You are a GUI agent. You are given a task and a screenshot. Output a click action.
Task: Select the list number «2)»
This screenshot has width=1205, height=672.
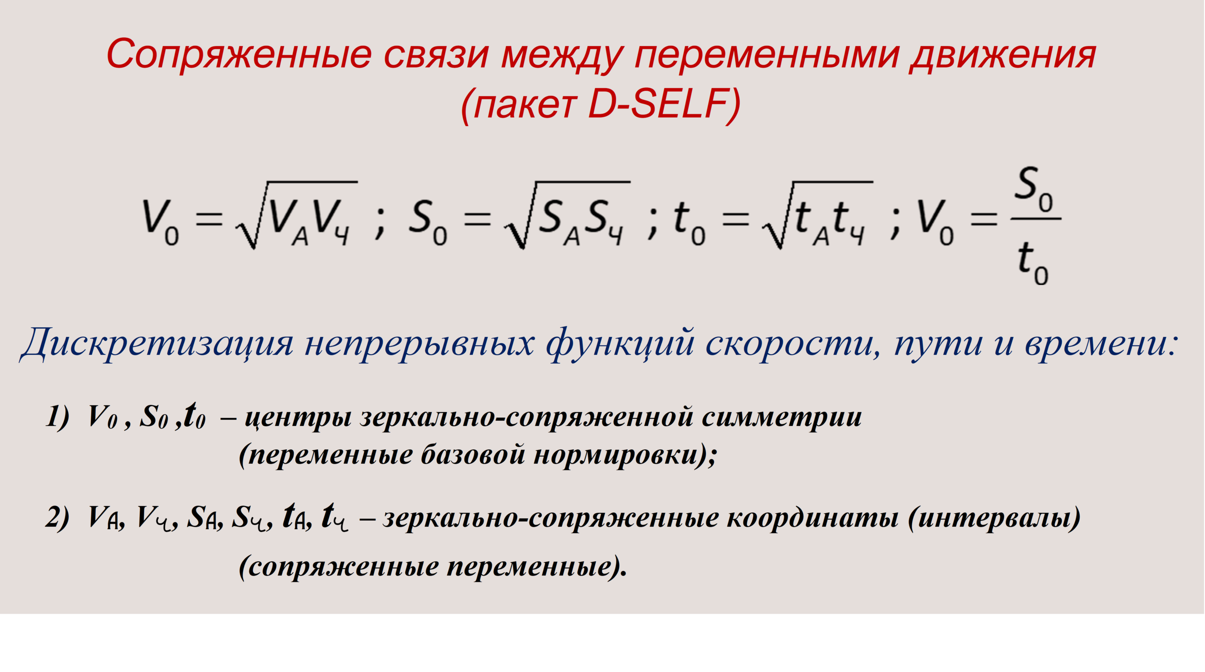[x=57, y=518]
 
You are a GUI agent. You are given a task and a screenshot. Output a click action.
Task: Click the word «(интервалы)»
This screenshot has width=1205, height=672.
[x=994, y=518]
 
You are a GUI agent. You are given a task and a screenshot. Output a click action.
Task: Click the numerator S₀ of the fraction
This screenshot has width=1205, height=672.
[x=1035, y=189]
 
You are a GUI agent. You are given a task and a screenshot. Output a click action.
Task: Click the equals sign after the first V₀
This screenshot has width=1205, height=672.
[x=209, y=219]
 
